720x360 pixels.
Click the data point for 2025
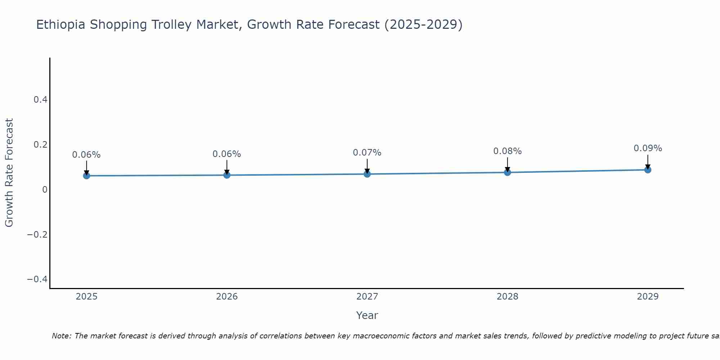tap(86, 176)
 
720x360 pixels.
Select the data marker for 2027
tap(367, 174)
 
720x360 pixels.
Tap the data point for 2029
tap(648, 170)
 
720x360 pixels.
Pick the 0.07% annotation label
tap(367, 153)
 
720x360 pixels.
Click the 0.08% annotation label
tap(507, 151)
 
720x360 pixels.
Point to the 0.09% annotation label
tap(648, 148)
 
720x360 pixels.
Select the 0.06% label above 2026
tap(226, 154)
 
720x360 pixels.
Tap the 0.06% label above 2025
tap(86, 155)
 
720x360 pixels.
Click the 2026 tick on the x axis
tap(227, 297)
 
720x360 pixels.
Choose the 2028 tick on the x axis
tap(507, 297)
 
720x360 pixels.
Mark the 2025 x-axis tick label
tap(86, 297)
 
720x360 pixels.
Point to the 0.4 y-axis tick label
tap(40, 100)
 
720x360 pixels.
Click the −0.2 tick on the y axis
tap(37, 235)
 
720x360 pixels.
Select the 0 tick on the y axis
tap(45, 190)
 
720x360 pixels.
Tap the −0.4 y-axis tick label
tap(37, 280)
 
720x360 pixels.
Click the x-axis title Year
tap(367, 315)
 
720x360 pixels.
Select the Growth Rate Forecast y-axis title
tap(9, 173)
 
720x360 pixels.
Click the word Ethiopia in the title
tap(61, 25)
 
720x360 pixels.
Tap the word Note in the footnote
tap(62, 336)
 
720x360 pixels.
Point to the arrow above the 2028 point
tap(507, 165)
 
